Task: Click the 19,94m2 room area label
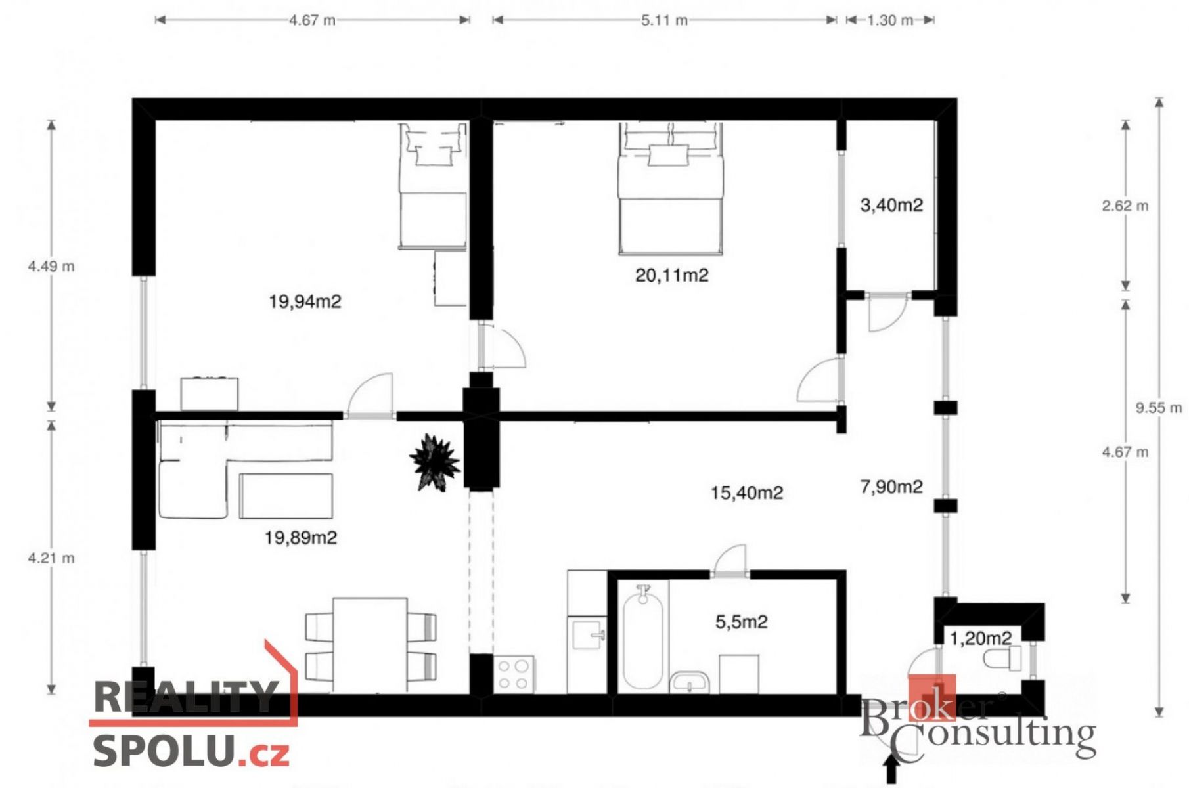[305, 301]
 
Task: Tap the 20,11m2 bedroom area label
[672, 274]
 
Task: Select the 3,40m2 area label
[891, 205]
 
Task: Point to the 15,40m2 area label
[747, 492]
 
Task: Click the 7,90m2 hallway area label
[891, 487]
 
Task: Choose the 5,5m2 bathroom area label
[742, 621]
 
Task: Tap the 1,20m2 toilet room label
[981, 638]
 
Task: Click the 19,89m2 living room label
[301, 538]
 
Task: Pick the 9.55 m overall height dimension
[1159, 408]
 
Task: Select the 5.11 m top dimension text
[665, 20]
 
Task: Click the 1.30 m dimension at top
[890, 20]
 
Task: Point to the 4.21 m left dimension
[51, 558]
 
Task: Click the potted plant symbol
[434, 461]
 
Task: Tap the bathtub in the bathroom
[642, 637]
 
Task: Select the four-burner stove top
[514, 674]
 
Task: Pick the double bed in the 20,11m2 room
[671, 188]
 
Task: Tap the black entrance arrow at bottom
[891, 768]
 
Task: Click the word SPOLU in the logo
[164, 750]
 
